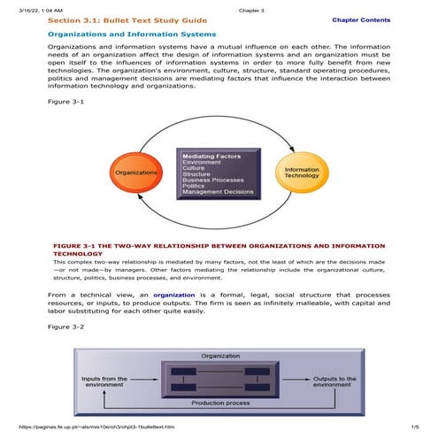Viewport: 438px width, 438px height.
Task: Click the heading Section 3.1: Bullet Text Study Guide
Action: [x=127, y=19]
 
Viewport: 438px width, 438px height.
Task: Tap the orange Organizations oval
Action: [x=134, y=172]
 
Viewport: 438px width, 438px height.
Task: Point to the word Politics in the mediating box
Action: [x=194, y=186]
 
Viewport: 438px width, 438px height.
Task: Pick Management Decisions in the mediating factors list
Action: [x=218, y=192]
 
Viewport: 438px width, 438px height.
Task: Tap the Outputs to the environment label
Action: [x=334, y=381]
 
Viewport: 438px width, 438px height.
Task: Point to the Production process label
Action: [x=220, y=404]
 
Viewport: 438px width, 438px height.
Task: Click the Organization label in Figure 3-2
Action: [x=220, y=356]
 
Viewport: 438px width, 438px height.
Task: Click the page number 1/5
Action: [x=413, y=427]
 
